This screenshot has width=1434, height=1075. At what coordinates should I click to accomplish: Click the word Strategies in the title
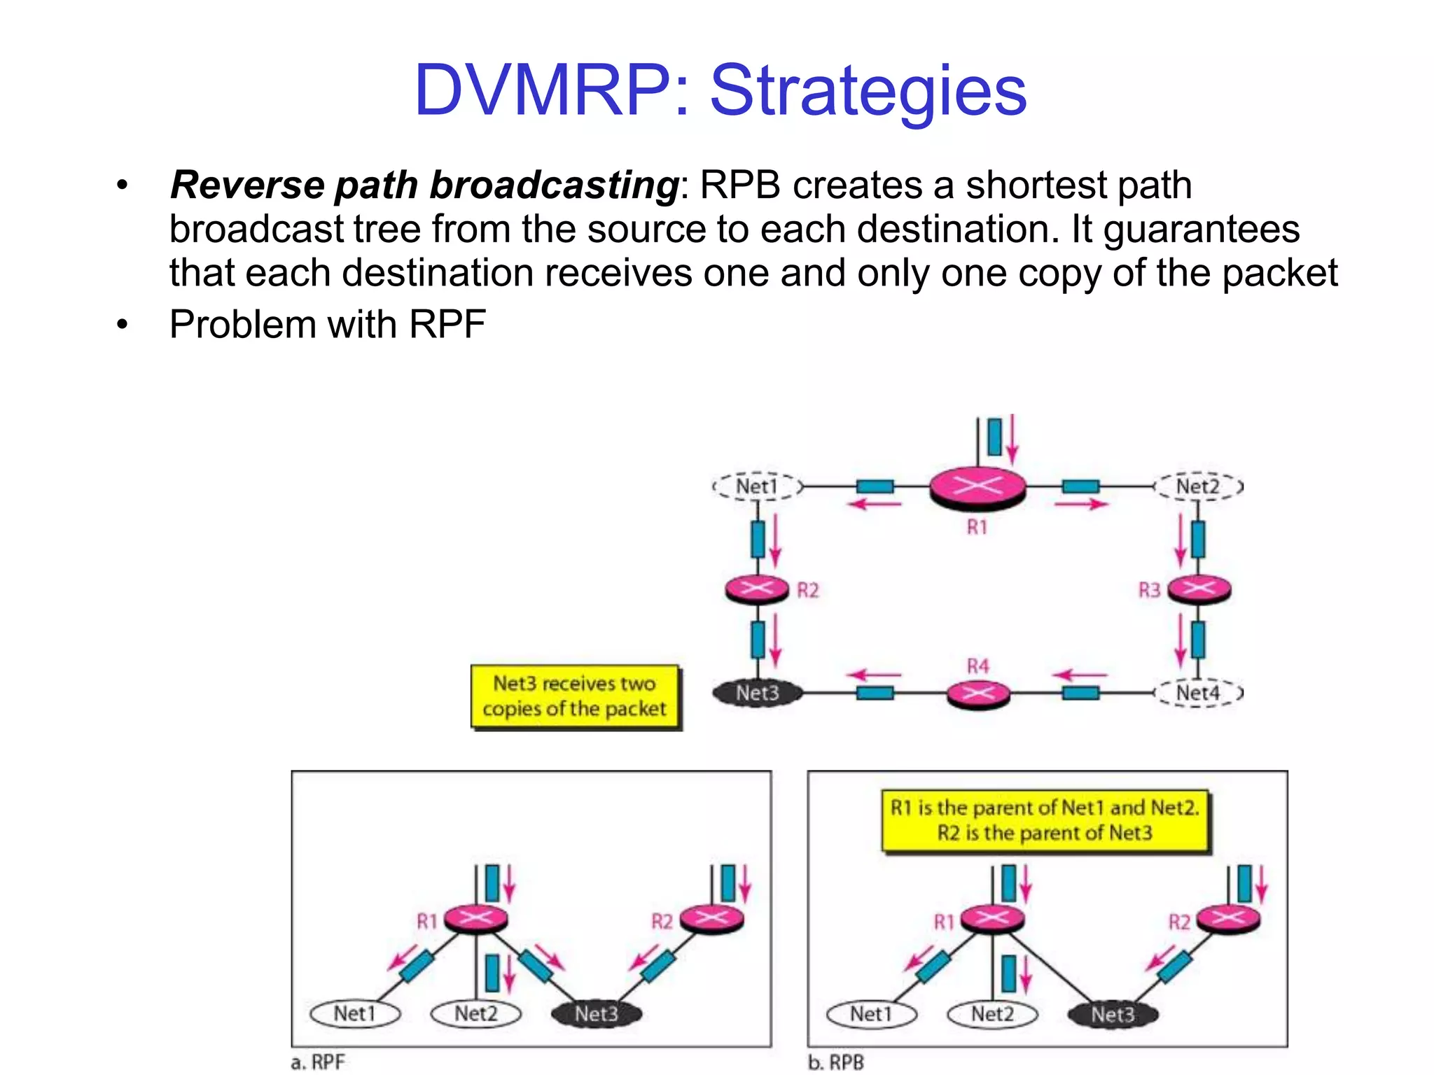coord(868,91)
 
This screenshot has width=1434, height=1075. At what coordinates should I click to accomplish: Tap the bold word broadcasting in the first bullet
coord(553,185)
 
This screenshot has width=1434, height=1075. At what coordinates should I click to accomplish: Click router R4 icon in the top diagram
coord(978,694)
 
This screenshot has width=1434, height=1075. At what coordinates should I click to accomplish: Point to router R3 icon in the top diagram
coord(1199,589)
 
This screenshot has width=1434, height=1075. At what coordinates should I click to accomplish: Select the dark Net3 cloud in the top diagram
coord(758,693)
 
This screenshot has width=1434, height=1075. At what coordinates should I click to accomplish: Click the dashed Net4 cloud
coord(1198,693)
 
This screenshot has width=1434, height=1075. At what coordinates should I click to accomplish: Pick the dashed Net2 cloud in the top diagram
coord(1198,486)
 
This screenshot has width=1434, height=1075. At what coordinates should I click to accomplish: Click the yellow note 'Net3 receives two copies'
coord(575,696)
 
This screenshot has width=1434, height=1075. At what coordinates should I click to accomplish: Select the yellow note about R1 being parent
coord(1045,820)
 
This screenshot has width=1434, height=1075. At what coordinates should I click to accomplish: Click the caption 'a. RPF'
coord(319,1062)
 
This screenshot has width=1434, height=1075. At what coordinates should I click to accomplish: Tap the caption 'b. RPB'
coord(836,1062)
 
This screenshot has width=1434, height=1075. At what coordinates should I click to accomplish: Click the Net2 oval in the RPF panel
coord(476,1013)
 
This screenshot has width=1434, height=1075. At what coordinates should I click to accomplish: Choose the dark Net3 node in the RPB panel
coord(1113,1014)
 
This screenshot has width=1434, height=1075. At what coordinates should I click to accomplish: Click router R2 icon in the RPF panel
coord(711,918)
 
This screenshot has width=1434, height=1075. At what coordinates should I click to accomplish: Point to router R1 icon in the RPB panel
coord(992,918)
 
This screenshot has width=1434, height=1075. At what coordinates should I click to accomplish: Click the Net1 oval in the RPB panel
coord(871,1013)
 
